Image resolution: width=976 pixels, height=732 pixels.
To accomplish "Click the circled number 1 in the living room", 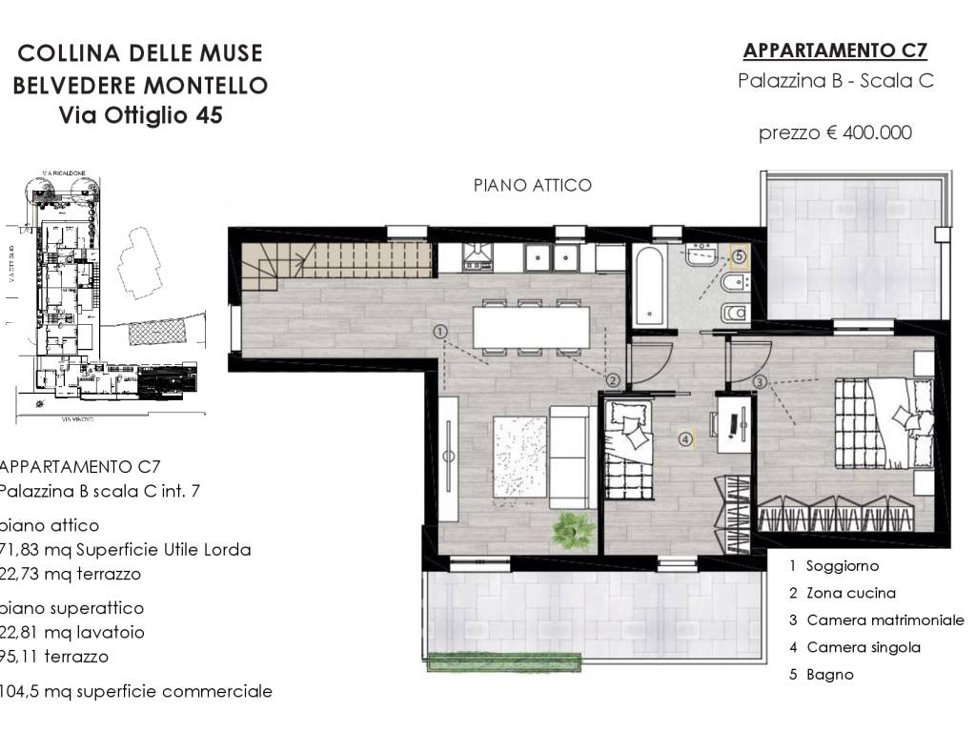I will (x=439, y=332).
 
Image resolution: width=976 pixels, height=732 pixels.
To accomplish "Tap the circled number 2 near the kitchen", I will (x=613, y=379).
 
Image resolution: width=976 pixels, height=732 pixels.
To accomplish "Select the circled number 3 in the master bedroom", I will (x=760, y=382).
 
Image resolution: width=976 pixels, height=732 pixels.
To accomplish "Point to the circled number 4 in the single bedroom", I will (x=684, y=439).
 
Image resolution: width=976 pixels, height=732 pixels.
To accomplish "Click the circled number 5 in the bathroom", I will (x=738, y=255).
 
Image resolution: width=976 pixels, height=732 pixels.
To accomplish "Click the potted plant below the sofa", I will (x=572, y=528).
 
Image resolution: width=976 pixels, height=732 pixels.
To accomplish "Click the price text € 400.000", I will (x=835, y=132).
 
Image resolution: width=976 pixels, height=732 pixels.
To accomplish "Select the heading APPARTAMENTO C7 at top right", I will (x=835, y=51).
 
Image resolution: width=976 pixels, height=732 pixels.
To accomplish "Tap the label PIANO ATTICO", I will (x=533, y=185).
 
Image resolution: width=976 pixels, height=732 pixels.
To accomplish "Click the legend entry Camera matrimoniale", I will (x=884, y=620).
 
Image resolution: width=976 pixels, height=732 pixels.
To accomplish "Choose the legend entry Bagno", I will (x=829, y=675).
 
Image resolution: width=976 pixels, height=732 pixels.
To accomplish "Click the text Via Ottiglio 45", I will (x=140, y=116).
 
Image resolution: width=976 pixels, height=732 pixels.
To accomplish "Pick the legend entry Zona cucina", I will (x=850, y=593).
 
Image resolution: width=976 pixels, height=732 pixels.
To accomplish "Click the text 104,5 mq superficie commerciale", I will (x=136, y=692).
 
